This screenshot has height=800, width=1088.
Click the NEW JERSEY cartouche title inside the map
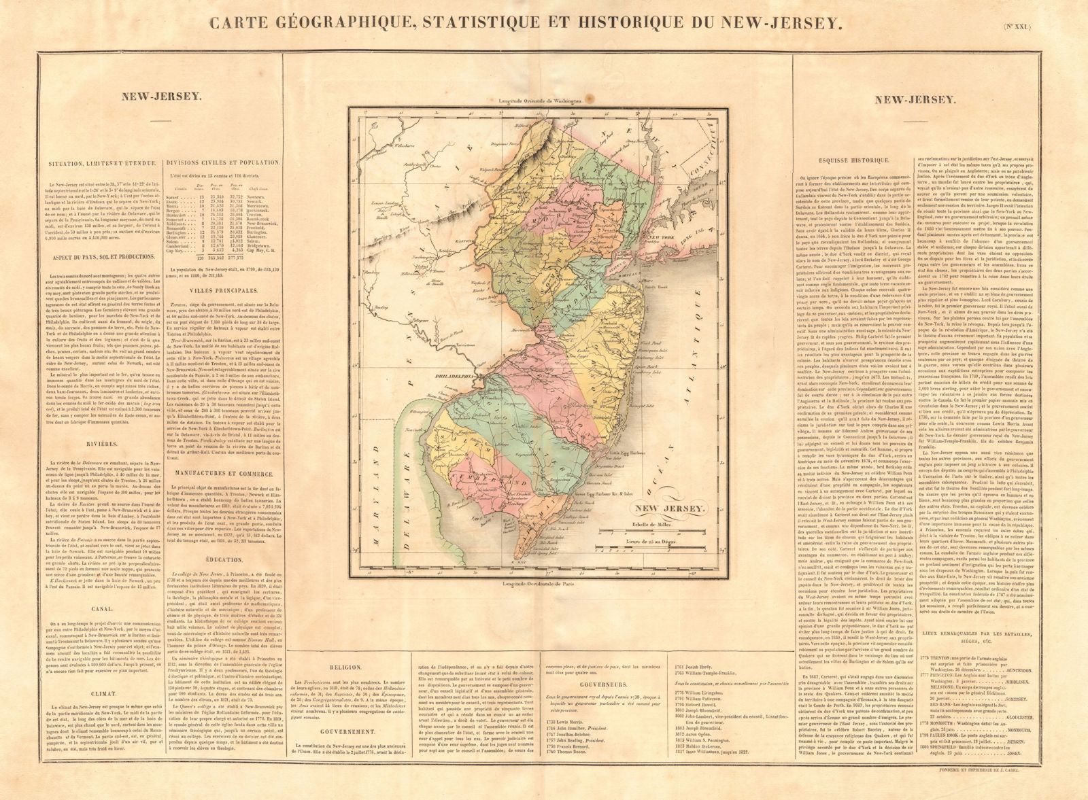[x=670, y=509]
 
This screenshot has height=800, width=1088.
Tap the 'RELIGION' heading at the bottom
[x=345, y=667]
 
